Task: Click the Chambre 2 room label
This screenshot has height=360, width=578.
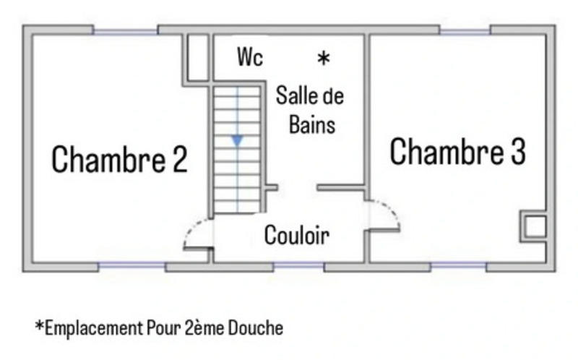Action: [x=120, y=160]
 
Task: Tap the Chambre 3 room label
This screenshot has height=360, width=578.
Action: [x=457, y=152]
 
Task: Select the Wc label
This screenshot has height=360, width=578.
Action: [x=250, y=57]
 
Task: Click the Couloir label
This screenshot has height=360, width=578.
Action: [x=296, y=235]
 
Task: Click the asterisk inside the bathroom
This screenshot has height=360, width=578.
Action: [x=324, y=59]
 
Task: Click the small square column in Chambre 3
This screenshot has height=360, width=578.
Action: [x=534, y=226]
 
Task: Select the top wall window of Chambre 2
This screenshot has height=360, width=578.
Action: [x=125, y=30]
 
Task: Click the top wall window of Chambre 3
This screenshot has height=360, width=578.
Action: [x=465, y=30]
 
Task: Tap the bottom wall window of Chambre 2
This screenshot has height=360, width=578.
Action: [x=131, y=267]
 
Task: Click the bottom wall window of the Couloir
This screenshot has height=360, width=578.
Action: [x=298, y=267]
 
